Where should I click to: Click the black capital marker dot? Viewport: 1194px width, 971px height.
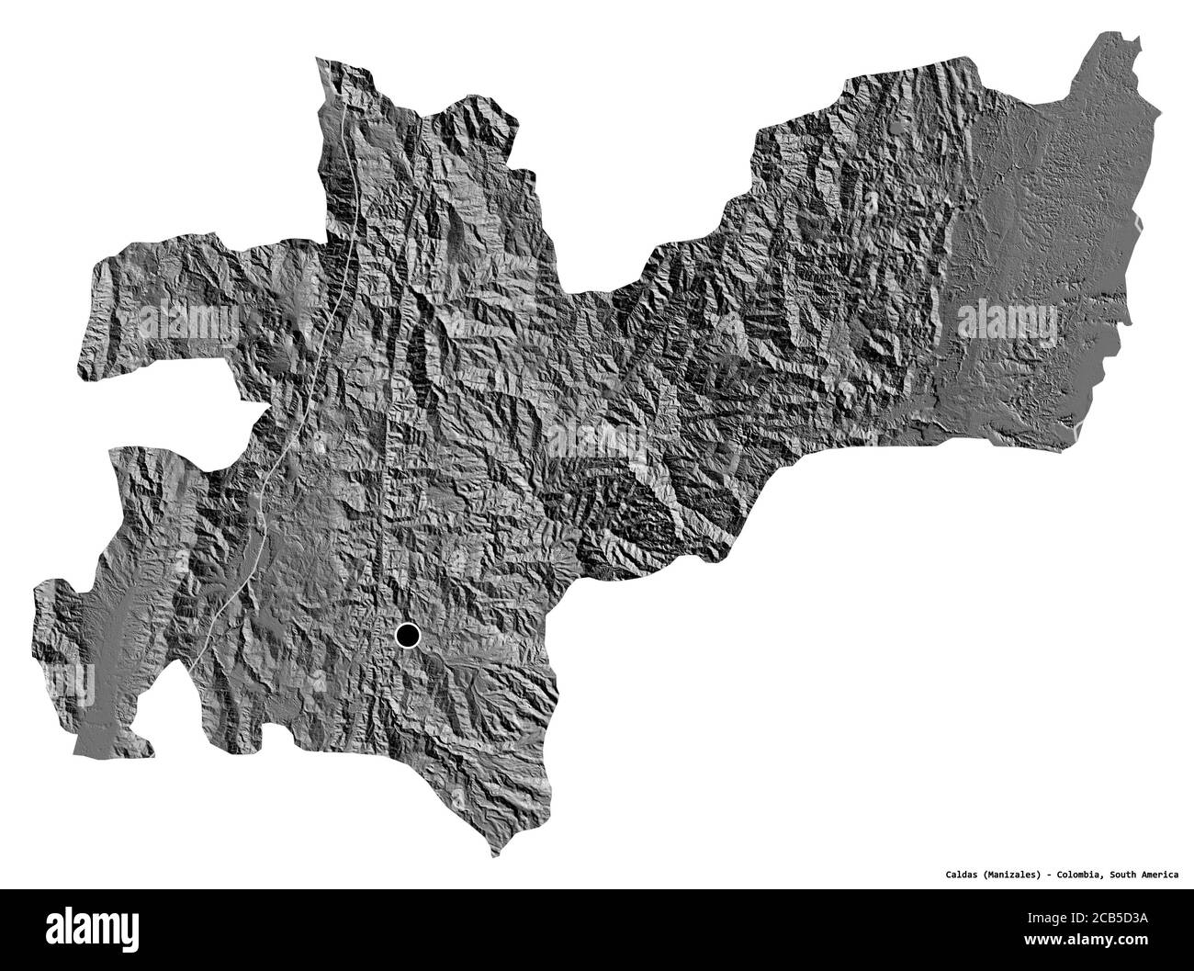pyautogui.click(x=408, y=635)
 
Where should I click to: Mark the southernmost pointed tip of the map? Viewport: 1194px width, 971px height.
pyautogui.click(x=497, y=855)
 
